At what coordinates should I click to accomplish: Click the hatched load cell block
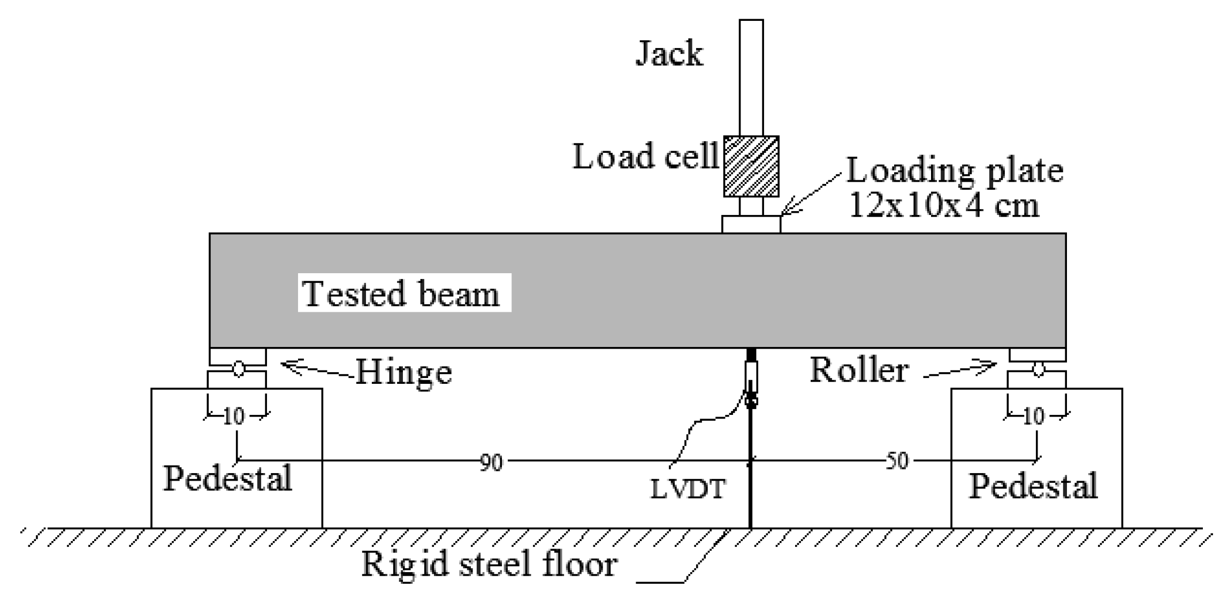(751, 166)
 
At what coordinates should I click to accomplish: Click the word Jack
(669, 55)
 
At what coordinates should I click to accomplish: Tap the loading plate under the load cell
(751, 224)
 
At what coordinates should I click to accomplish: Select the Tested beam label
(402, 294)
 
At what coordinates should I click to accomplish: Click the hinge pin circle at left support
(239, 368)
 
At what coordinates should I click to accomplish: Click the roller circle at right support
(1038, 368)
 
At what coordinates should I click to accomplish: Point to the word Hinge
(403, 372)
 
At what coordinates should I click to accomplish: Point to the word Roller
(859, 369)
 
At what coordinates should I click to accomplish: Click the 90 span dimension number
(491, 462)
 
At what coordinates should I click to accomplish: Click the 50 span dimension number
(897, 461)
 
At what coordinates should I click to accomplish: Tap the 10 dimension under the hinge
(234, 416)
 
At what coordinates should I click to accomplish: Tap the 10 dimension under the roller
(1033, 416)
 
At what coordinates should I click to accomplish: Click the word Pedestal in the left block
(227, 478)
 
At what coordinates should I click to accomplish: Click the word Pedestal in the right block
(1033, 486)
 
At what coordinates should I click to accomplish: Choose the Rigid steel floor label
(489, 564)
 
